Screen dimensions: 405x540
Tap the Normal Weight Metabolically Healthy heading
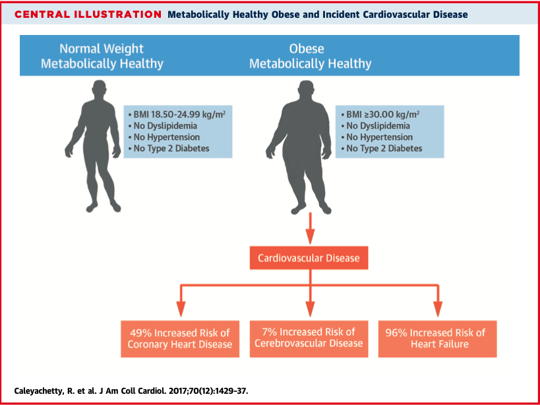click(102, 56)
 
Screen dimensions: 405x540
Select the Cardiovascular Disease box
click(309, 258)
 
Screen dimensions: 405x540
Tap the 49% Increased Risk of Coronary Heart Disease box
click(180, 338)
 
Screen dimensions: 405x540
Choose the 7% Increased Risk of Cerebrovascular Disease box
click(309, 338)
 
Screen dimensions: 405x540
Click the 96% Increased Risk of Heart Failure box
click(437, 338)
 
